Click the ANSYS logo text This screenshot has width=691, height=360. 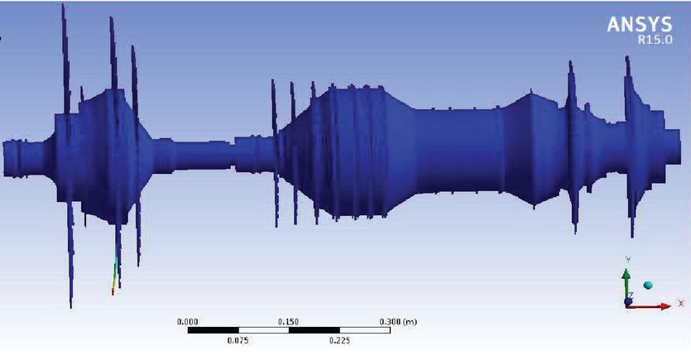(x=640, y=24)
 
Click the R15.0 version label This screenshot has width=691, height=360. (x=655, y=40)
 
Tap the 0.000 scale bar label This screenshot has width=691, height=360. (x=187, y=322)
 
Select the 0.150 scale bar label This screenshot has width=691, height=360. (x=288, y=322)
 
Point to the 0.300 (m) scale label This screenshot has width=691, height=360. (x=398, y=322)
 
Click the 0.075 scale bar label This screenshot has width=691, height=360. (x=238, y=340)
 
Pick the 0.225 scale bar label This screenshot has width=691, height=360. (x=339, y=340)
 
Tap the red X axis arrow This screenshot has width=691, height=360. (x=649, y=306)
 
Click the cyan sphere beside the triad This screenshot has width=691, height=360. (x=648, y=286)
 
